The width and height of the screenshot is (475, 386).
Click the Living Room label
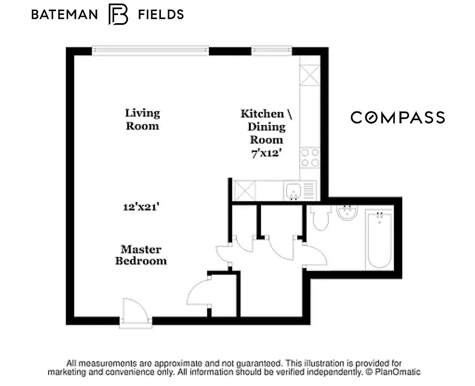coord(142,119)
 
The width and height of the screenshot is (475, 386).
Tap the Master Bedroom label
coord(141,255)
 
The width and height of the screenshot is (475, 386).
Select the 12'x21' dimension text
coord(141,207)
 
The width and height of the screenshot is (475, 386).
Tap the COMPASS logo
coord(397,117)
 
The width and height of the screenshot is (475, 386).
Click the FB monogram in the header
coord(118,14)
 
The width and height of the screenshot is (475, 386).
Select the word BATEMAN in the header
coord(64,14)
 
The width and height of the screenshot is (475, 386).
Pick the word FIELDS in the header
coord(161,14)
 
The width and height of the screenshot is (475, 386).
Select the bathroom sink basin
coord(346,212)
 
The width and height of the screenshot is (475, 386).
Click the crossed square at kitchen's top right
coord(310,75)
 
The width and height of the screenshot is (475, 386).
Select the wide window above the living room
coord(150,50)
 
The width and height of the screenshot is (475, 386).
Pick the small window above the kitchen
coord(272,50)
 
